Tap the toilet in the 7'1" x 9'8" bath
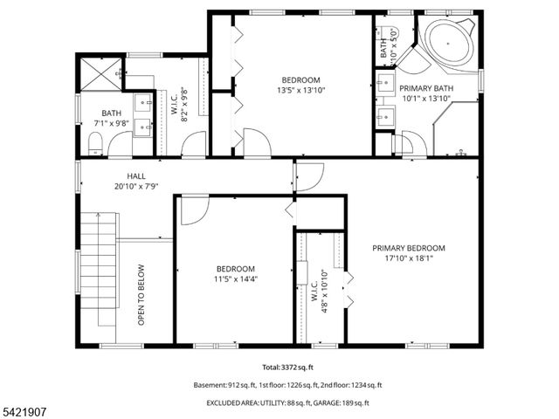(97, 145)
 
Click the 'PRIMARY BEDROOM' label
(408, 248)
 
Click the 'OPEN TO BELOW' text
(141, 295)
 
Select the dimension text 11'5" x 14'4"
(236, 279)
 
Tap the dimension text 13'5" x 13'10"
(300, 90)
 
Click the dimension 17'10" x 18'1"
(408, 258)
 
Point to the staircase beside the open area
(99, 262)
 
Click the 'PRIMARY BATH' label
(425, 89)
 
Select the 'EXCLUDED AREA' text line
(287, 402)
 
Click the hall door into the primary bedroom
(307, 177)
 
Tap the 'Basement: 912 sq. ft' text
(229, 385)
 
